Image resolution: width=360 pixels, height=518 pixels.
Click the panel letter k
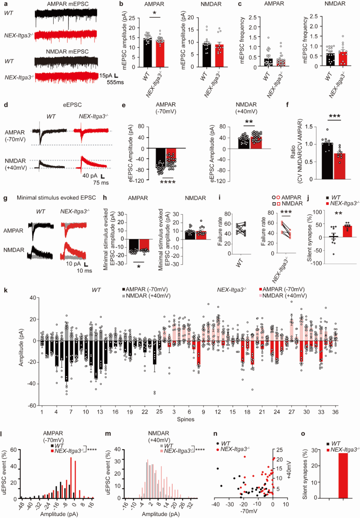[6, 290]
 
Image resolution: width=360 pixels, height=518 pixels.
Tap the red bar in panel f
[340, 166]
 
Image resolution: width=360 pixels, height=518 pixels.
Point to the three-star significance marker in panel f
[334, 116]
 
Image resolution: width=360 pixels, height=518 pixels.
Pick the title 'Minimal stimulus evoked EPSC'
[56, 198]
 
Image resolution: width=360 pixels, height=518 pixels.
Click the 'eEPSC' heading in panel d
[72, 105]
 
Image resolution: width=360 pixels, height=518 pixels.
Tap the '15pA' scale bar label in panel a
[106, 76]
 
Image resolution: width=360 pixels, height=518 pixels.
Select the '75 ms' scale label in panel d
[101, 183]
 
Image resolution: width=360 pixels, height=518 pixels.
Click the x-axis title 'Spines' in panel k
[186, 419]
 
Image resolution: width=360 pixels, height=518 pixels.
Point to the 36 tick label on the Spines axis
[335, 412]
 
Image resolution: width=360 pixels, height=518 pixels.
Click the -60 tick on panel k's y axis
[32, 405]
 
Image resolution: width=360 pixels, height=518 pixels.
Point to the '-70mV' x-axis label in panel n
[249, 511]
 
